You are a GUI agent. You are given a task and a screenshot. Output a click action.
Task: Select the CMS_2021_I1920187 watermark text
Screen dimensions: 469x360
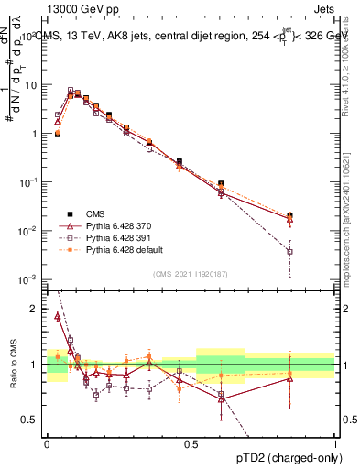click(x=191, y=273)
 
